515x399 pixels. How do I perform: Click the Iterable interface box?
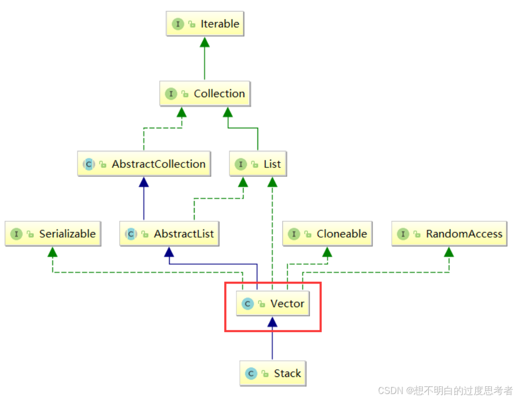(x=204, y=24)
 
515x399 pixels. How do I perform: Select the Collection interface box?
(x=204, y=94)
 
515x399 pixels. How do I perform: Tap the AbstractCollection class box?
(x=144, y=164)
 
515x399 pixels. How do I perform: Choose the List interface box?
(x=257, y=164)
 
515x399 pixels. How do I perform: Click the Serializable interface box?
(x=53, y=234)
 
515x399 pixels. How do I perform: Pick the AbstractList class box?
(x=169, y=234)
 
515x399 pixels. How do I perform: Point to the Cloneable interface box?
(x=327, y=234)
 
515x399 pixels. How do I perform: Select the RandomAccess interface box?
(x=449, y=234)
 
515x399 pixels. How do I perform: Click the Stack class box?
(x=272, y=374)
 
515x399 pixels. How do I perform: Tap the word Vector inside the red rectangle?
(x=287, y=304)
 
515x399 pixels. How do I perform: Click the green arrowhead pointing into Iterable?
(x=204, y=42)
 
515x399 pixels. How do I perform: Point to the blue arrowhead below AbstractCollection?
(x=144, y=182)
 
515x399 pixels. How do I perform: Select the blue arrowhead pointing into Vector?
(x=272, y=322)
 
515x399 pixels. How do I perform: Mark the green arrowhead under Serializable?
(x=53, y=251)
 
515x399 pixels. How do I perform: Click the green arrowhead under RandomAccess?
(x=449, y=251)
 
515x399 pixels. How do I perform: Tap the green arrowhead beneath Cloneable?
(x=327, y=251)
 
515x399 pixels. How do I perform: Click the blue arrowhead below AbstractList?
(x=169, y=251)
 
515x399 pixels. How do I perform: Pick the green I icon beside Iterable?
(x=178, y=24)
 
